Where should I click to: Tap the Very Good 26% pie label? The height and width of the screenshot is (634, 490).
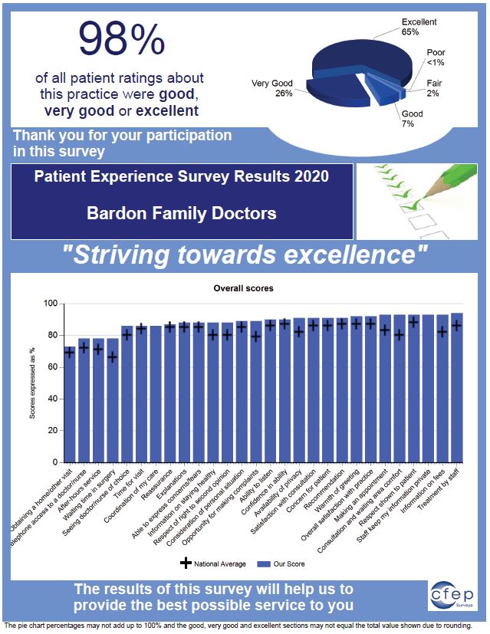click(271, 88)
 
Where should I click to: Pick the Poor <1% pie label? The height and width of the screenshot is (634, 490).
click(435, 57)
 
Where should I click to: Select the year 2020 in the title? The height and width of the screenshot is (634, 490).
click(307, 177)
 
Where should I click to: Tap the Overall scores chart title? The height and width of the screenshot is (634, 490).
click(253, 288)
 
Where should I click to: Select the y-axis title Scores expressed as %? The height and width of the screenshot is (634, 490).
click(33, 383)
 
